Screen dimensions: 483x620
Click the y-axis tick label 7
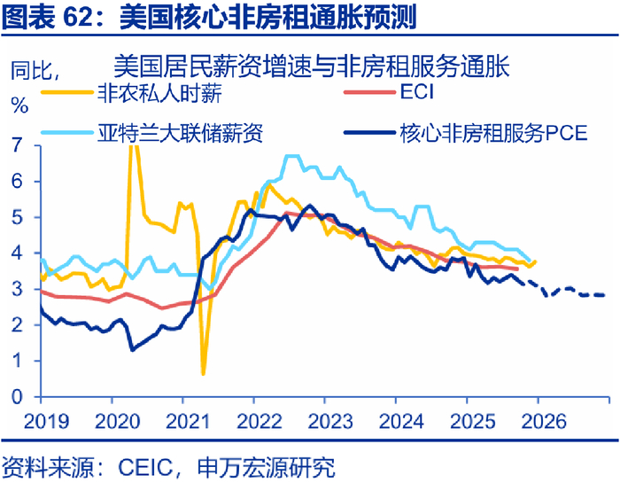click(19, 144)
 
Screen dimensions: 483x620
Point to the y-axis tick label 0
click(19, 397)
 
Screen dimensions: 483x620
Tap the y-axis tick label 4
click(19, 253)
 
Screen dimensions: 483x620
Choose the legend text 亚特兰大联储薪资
click(179, 133)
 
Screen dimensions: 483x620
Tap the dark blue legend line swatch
click(368, 134)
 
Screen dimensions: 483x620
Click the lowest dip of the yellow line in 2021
click(203, 373)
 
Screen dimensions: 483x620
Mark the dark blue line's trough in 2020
click(132, 349)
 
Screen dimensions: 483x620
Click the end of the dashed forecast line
click(605, 295)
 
